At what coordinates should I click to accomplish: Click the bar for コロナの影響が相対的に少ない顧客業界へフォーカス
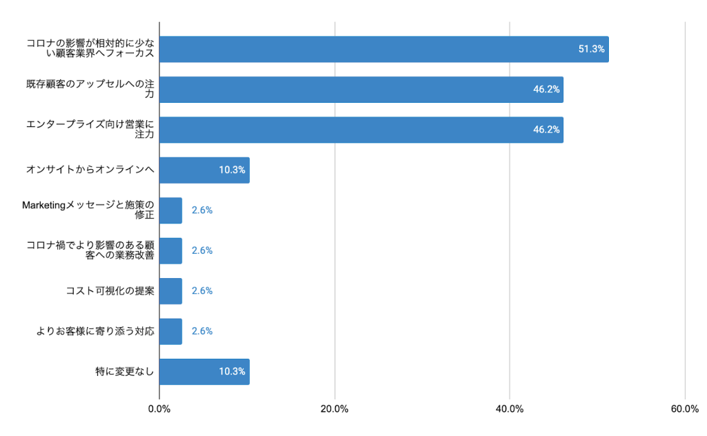(384, 50)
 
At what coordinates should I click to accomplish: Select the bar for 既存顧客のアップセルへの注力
(361, 90)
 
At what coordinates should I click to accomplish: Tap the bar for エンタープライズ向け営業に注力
(361, 130)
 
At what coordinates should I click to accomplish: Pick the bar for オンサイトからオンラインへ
(204, 170)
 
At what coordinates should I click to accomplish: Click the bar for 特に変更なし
(204, 372)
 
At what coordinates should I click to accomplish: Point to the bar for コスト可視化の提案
(171, 291)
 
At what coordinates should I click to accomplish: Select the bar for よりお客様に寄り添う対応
(171, 331)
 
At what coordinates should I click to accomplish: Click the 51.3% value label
(592, 50)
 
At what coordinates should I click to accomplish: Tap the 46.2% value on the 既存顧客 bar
(546, 90)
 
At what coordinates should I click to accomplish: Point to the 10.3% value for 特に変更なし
(232, 372)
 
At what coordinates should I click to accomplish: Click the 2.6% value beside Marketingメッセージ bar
(202, 210)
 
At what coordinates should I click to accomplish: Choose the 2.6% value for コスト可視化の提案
(202, 291)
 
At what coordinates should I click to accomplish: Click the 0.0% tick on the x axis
(159, 409)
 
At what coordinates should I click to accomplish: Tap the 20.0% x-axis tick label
(335, 409)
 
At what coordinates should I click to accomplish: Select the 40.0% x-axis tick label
(510, 409)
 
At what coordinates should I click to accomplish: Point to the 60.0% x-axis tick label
(685, 409)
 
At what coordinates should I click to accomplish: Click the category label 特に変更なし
(124, 372)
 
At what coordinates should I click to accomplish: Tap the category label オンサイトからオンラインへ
(90, 170)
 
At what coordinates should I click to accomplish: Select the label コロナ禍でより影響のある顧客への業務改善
(90, 250)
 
